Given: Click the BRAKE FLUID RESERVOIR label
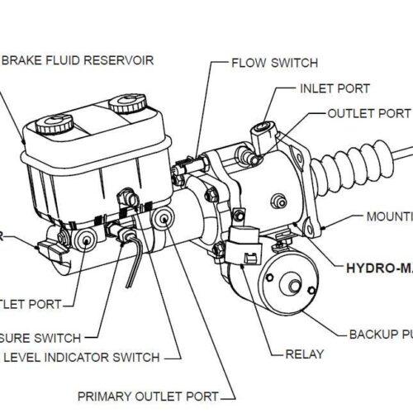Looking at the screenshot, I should pyautogui.click(x=79, y=60).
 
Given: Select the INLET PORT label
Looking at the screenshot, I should pyautogui.click(x=335, y=88).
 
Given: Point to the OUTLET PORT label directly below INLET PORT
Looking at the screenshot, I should pyautogui.click(x=368, y=113).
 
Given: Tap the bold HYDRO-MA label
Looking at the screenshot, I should pyautogui.click(x=377, y=268).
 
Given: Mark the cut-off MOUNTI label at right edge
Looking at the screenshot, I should pyautogui.click(x=389, y=216).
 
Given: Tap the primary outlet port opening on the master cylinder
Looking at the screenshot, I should pyautogui.click(x=164, y=220).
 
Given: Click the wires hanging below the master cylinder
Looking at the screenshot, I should pyautogui.click(x=131, y=264).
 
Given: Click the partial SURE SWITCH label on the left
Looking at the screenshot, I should pyautogui.click(x=40, y=337).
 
